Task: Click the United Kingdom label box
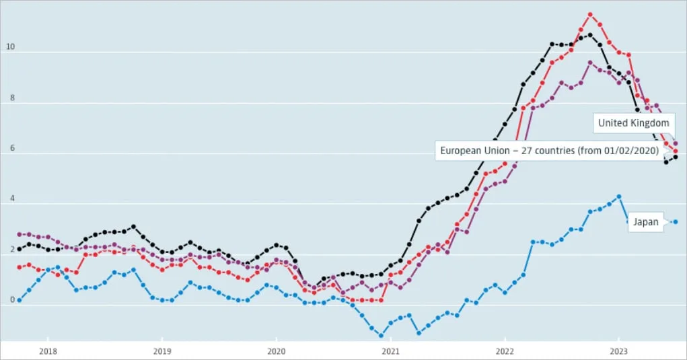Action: [634, 123]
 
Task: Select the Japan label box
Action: [645, 222]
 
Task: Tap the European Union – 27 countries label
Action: [550, 151]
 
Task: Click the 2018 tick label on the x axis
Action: [48, 351]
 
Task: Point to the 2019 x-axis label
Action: [162, 351]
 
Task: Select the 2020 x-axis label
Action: [276, 351]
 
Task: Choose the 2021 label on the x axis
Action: [390, 351]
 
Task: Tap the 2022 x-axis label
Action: [505, 351]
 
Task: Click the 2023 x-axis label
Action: [618, 351]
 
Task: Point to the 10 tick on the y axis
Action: [10, 47]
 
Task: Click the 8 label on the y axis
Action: [12, 98]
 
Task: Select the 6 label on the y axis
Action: [12, 148]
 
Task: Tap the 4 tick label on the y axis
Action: [12, 199]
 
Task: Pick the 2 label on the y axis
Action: [12, 249]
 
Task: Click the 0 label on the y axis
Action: [12, 300]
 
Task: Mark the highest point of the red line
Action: [590, 14]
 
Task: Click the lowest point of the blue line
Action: [381, 336]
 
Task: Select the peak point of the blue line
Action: [618, 196]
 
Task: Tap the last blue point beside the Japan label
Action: [676, 222]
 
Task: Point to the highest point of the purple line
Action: [590, 63]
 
